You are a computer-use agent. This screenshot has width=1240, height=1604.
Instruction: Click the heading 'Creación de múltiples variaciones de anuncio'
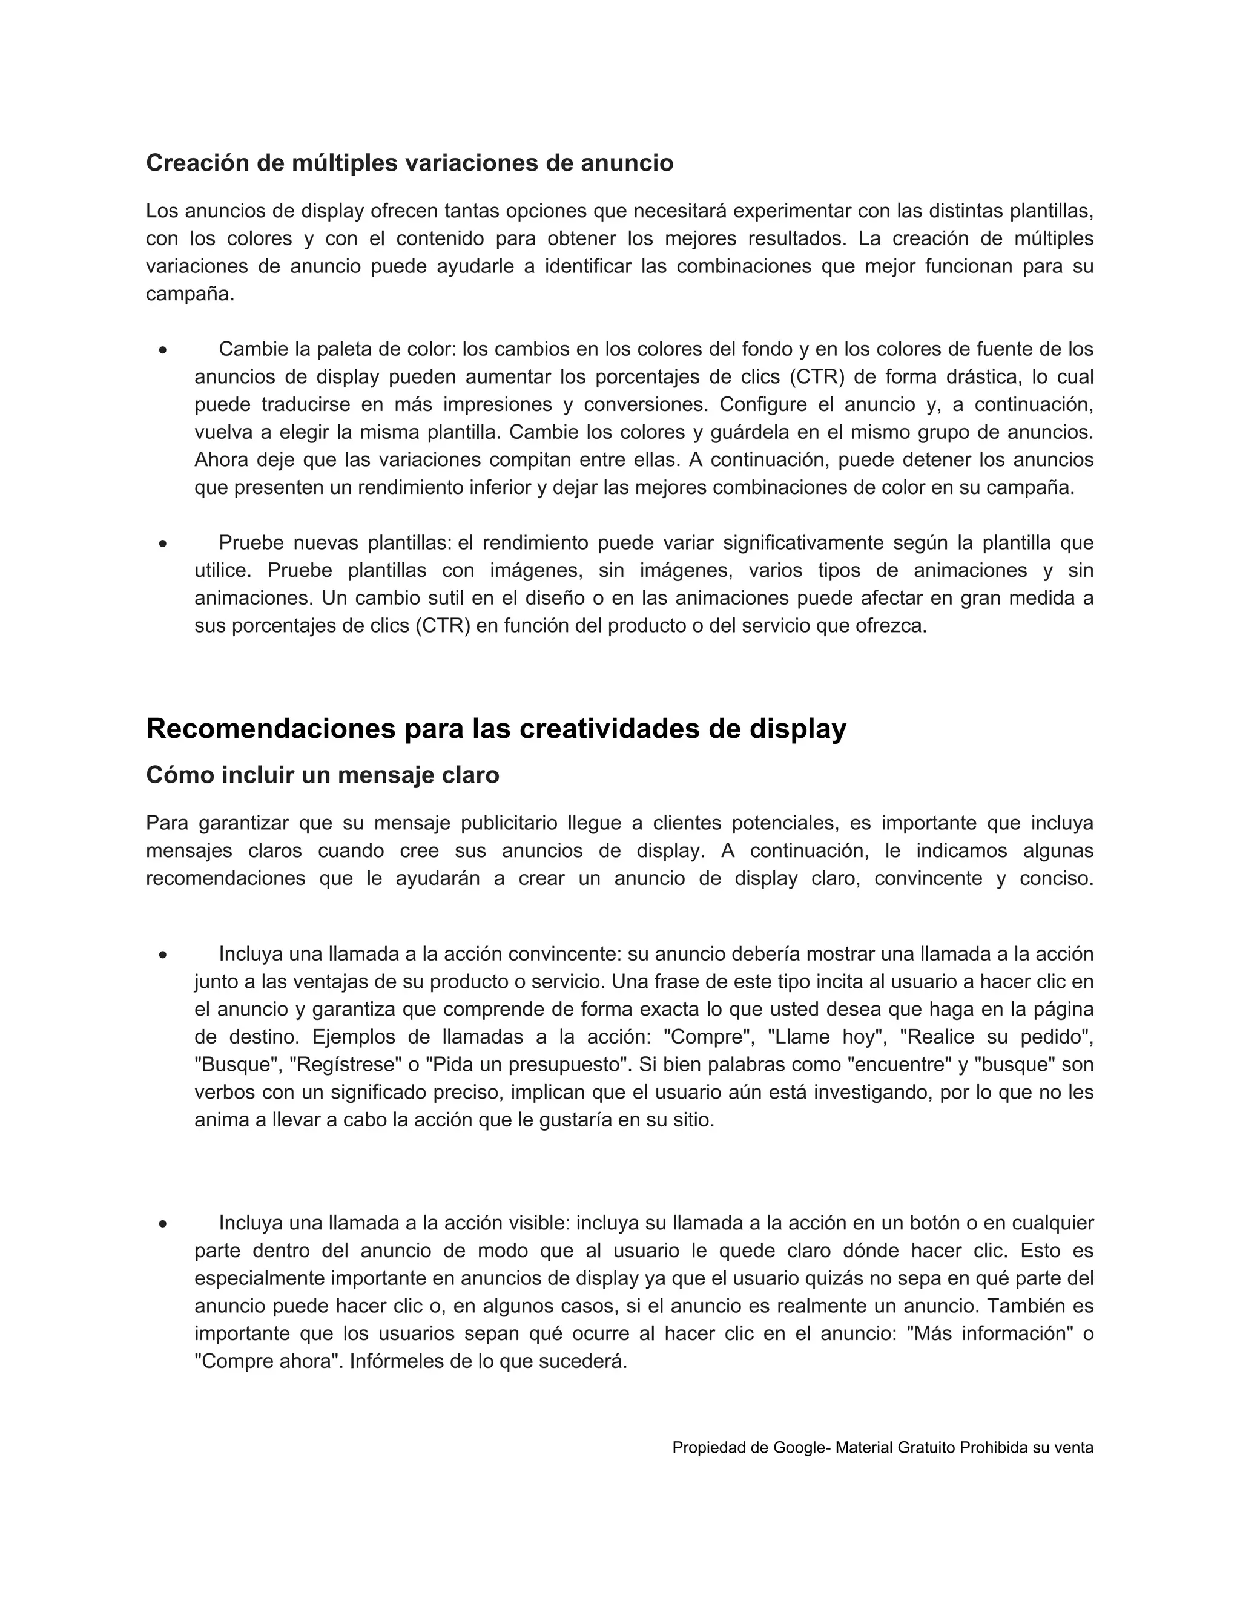[x=409, y=163]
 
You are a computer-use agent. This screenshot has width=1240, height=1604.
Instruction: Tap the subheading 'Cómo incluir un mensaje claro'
[x=323, y=775]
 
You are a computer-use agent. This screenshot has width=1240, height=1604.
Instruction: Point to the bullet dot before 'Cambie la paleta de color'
[x=162, y=350]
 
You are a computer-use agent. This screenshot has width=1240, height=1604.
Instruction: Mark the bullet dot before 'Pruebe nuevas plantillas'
[x=162, y=544]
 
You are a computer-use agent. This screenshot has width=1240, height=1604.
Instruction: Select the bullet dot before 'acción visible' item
[x=162, y=1224]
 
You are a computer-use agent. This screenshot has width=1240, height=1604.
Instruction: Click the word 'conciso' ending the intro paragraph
[x=1055, y=878]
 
